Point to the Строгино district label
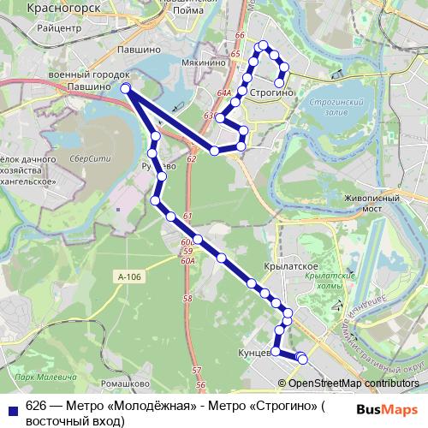(x=273, y=92)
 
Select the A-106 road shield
(x=126, y=276)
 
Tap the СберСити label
(x=86, y=159)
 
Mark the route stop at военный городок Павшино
(x=126, y=88)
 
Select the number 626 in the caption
(x=35, y=406)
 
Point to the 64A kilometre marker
(x=224, y=92)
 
